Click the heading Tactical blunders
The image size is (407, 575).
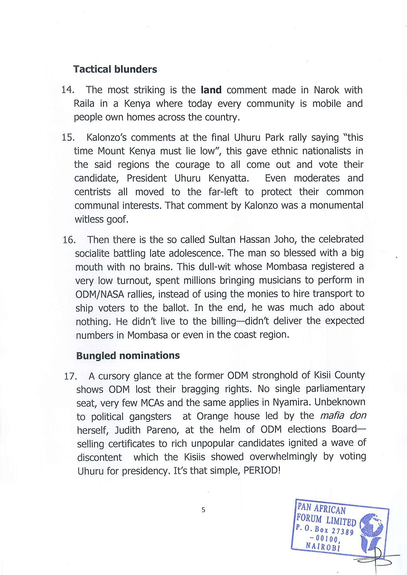115,69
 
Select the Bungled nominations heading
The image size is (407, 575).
128,356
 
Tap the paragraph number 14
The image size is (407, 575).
67,90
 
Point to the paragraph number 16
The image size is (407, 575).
69,240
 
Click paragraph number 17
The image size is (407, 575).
70,376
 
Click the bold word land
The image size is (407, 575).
211,90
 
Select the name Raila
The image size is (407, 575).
84,104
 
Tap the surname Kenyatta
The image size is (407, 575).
229,178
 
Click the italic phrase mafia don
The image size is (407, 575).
343,416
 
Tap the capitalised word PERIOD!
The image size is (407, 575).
262,471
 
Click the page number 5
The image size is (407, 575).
203,510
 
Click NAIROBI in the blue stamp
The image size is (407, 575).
323,546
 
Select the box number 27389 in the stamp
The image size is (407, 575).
343,531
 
